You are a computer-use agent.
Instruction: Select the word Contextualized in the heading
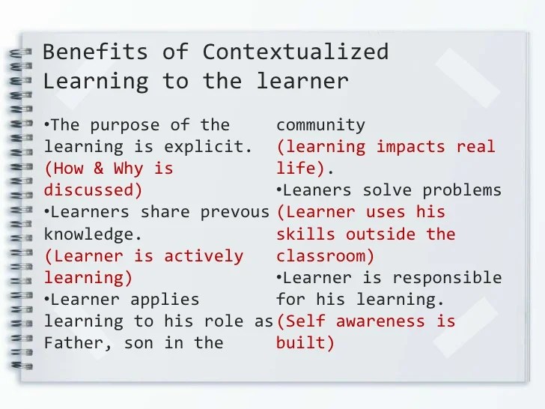(x=295, y=52)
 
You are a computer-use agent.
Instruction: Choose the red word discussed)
(x=93, y=190)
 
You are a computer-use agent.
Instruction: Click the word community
(x=320, y=124)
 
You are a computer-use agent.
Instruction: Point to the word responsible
(x=456, y=278)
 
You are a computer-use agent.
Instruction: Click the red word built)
(x=305, y=344)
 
